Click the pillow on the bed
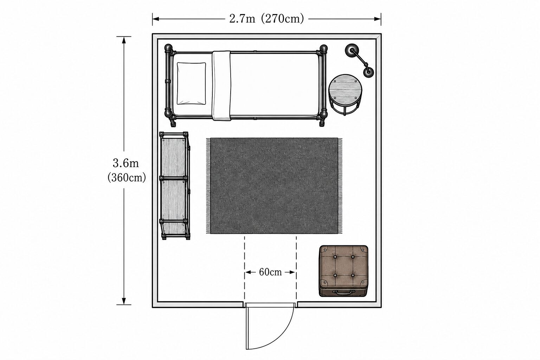click(x=191, y=83)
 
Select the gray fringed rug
click(x=274, y=186)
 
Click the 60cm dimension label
click(x=270, y=272)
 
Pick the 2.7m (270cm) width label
click(x=266, y=19)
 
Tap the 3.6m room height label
click(x=126, y=163)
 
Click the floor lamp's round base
click(x=352, y=50)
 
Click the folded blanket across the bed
click(x=221, y=85)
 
